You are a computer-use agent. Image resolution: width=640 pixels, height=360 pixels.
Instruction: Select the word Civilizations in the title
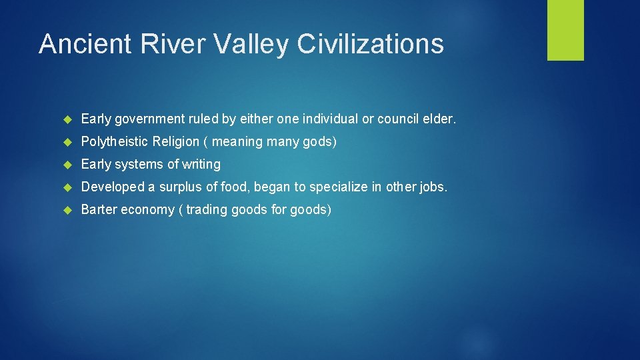click(370, 44)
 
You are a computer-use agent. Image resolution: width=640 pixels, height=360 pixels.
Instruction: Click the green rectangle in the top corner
click(565, 30)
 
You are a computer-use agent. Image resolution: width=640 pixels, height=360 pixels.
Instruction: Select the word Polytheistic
click(115, 142)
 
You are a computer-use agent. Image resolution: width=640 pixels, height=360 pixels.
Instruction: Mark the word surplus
click(180, 187)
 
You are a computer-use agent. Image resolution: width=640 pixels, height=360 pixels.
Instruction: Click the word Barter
click(99, 210)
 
